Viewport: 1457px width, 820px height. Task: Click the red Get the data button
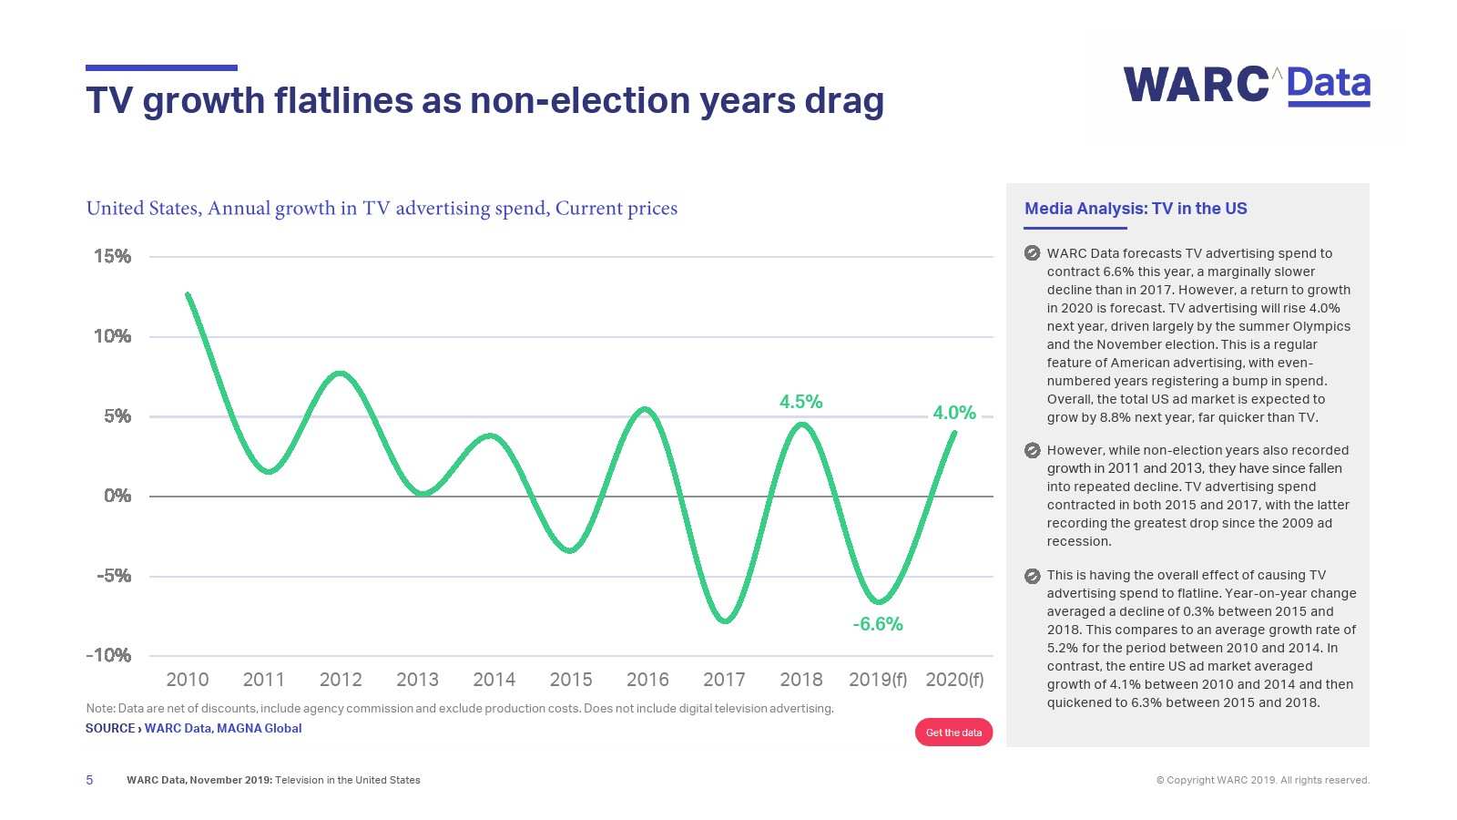953,733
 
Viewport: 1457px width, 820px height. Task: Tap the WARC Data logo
1246,85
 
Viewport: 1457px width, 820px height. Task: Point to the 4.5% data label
800,402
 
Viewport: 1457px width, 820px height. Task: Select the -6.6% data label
878,624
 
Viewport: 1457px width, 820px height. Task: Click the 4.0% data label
953,413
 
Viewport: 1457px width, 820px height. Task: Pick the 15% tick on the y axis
113,257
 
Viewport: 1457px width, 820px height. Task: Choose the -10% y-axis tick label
109,655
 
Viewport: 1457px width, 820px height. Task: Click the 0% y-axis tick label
117,496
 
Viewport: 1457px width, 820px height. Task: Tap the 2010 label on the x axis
188,680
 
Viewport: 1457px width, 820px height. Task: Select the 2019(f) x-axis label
878,680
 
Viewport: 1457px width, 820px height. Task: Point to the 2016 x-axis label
647,680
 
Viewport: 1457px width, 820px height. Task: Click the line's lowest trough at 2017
725,621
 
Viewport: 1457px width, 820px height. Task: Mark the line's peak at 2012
341,373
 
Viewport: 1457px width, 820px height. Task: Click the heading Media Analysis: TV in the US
1136,209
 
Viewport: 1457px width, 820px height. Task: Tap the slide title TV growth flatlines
484,101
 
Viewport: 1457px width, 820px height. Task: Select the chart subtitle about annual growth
382,209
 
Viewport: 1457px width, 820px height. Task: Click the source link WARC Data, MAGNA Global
223,728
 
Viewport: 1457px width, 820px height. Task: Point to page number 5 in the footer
89,780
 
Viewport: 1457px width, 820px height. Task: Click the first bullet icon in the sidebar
1032,253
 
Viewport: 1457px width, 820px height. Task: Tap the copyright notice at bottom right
1262,780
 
